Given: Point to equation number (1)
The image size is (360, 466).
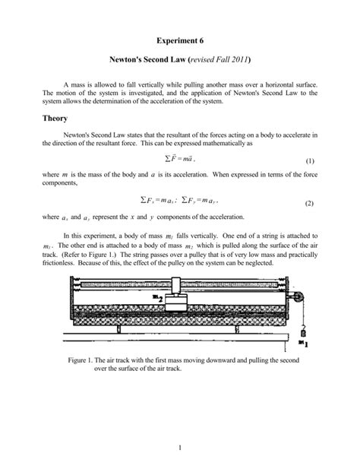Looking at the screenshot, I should [x=309, y=162].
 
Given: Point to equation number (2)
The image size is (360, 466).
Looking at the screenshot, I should [x=309, y=204].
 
